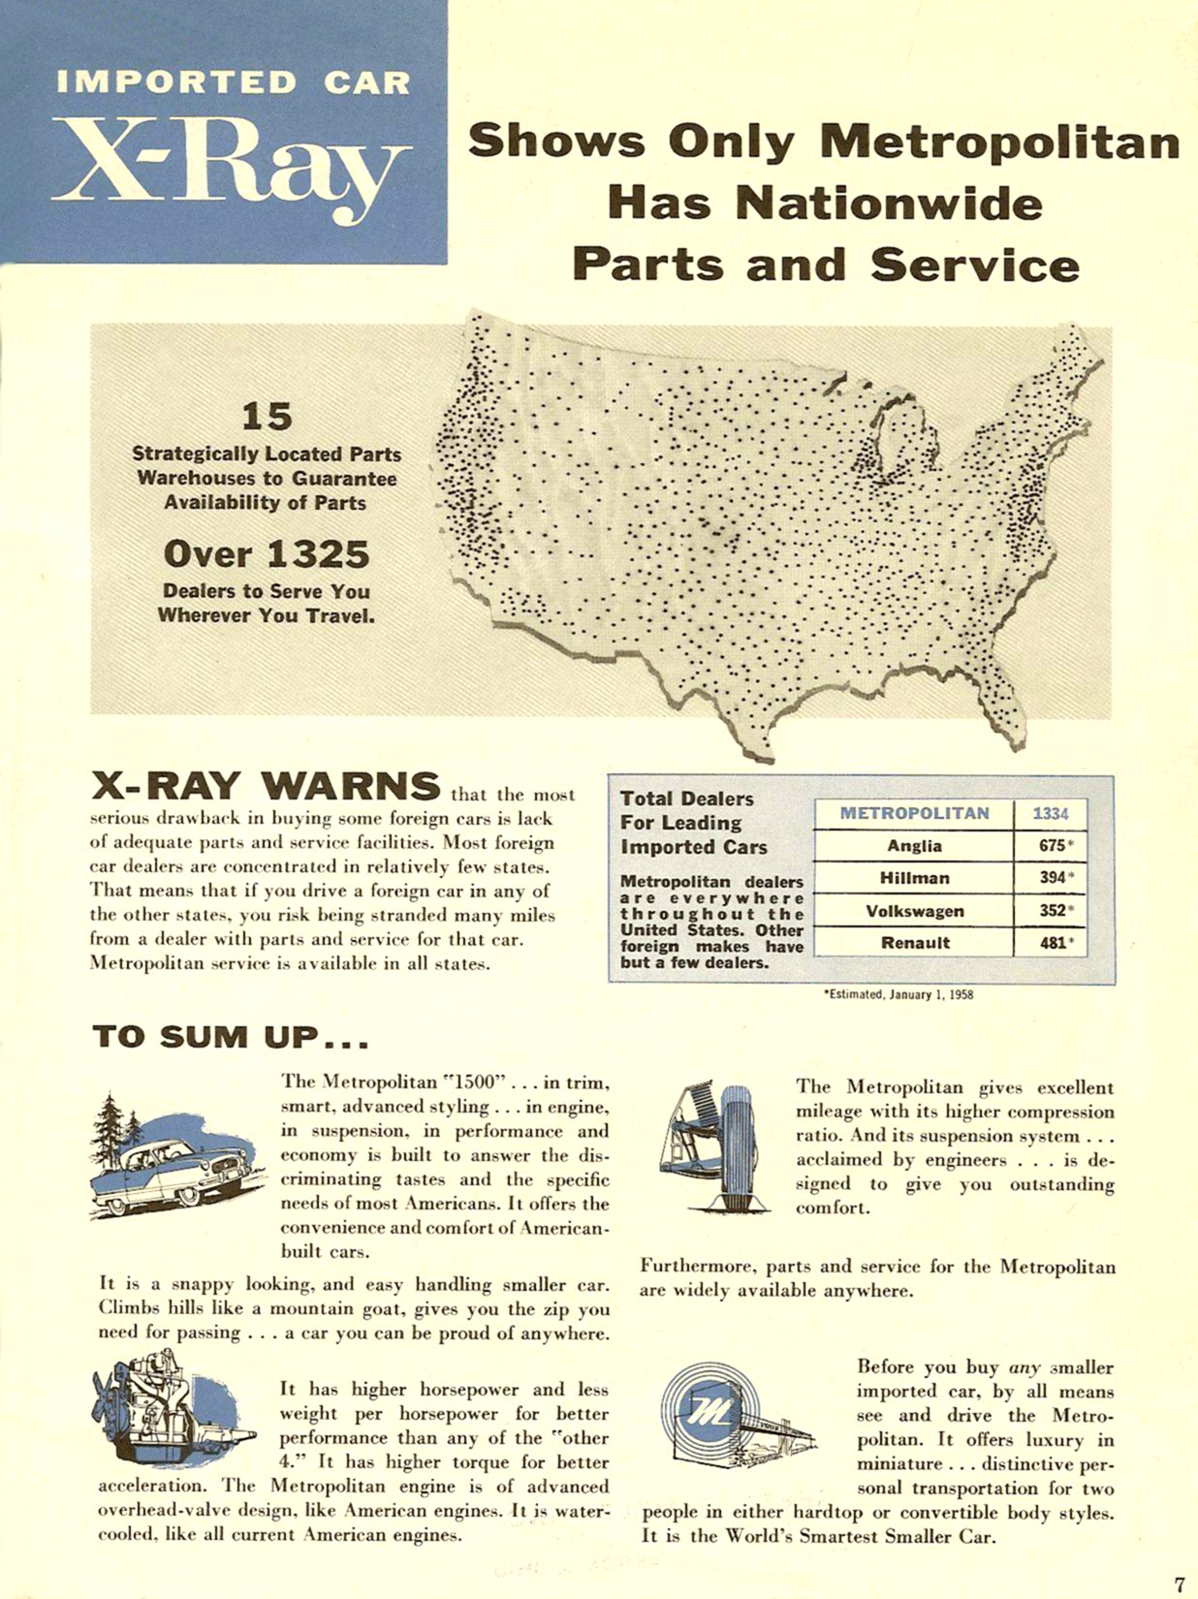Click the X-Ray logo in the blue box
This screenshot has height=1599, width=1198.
[231, 170]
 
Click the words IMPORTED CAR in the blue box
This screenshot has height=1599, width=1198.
[233, 82]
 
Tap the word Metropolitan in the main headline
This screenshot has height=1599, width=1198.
[999, 141]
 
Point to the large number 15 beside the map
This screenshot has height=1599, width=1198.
[267, 417]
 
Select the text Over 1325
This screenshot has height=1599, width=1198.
[267, 554]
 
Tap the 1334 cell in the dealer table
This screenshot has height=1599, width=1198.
[1050, 813]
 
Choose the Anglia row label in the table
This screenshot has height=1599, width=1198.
[914, 846]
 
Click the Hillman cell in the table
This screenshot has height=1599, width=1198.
[914, 878]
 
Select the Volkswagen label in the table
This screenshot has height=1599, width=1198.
[914, 911]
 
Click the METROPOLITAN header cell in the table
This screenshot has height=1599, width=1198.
[914, 813]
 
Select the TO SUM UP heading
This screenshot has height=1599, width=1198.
[231, 1037]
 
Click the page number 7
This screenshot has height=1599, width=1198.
[1179, 1583]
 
